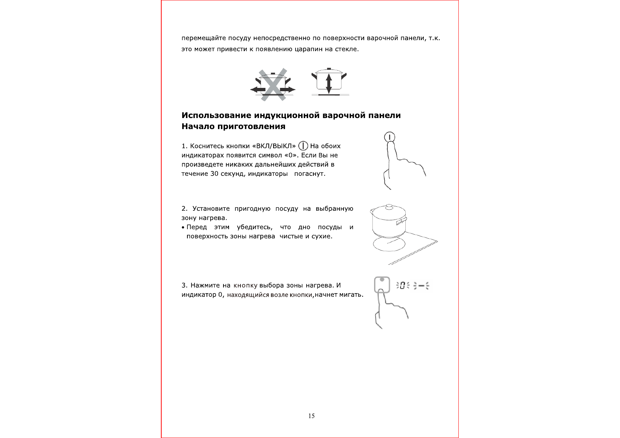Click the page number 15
pyautogui.click(x=311, y=416)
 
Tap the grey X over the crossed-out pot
pyautogui.click(x=272, y=84)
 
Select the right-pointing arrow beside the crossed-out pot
pyautogui.click(x=288, y=89)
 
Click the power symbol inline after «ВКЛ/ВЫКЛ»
pyautogui.click(x=303, y=146)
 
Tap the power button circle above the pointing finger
pyautogui.click(x=390, y=137)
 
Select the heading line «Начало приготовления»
pyautogui.click(x=233, y=127)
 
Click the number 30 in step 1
pyautogui.click(x=214, y=174)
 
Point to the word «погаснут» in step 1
pyautogui.click(x=309, y=174)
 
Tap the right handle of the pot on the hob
pyautogui.click(x=401, y=221)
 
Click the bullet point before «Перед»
pyautogui.click(x=183, y=228)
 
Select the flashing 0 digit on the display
pyautogui.click(x=402, y=285)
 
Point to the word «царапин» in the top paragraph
pyautogui.click(x=309, y=49)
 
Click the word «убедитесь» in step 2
pyautogui.click(x=254, y=227)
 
